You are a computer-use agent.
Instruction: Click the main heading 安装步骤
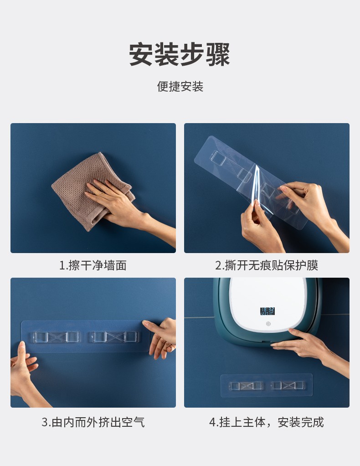click(180, 55)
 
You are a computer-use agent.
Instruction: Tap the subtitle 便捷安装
click(180, 87)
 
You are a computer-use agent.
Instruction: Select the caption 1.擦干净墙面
click(93, 265)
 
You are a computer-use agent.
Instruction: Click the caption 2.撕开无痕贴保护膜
click(267, 265)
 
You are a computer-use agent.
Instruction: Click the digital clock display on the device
click(267, 311)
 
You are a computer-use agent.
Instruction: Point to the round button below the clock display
click(267, 325)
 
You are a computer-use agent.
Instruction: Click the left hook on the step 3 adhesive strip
click(57, 337)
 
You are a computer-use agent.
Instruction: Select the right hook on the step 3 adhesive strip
click(114, 337)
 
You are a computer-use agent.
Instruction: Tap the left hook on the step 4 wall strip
click(246, 386)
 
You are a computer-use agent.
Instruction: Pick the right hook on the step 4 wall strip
click(288, 386)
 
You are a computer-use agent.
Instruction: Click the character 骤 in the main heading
click(217, 55)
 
